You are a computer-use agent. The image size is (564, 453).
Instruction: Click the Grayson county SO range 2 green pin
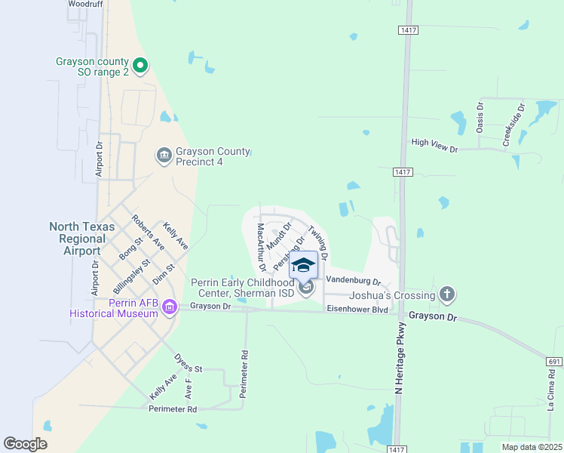click(139, 66)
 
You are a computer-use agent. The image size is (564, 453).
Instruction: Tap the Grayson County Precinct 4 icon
click(164, 156)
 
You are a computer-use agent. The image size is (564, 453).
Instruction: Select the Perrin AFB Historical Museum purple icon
click(169, 307)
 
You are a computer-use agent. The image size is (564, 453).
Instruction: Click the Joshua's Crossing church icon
click(447, 294)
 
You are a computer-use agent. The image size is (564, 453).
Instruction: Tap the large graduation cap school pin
click(303, 265)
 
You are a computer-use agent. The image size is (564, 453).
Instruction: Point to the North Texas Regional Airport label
click(82, 239)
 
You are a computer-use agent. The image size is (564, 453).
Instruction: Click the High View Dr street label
click(434, 142)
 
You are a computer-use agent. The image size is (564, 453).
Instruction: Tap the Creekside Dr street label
click(513, 126)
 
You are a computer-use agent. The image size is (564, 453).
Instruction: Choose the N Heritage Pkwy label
click(400, 358)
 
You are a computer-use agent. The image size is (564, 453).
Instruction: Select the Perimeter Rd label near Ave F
click(171, 409)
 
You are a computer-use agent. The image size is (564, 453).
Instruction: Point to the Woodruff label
click(84, 4)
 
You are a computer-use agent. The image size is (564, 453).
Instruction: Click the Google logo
click(25, 443)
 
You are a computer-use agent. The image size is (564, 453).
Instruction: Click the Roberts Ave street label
click(148, 232)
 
